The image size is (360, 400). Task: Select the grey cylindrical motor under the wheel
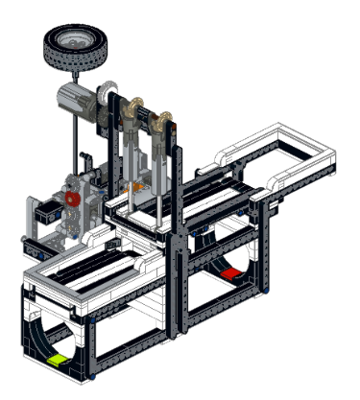74,99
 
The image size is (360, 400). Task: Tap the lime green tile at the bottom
58,359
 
